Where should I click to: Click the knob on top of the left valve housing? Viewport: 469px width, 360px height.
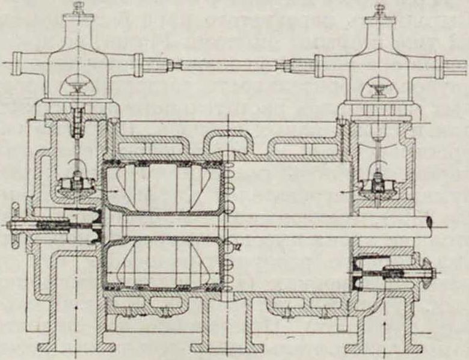79,7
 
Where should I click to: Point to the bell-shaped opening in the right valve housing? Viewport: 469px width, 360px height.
379,85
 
